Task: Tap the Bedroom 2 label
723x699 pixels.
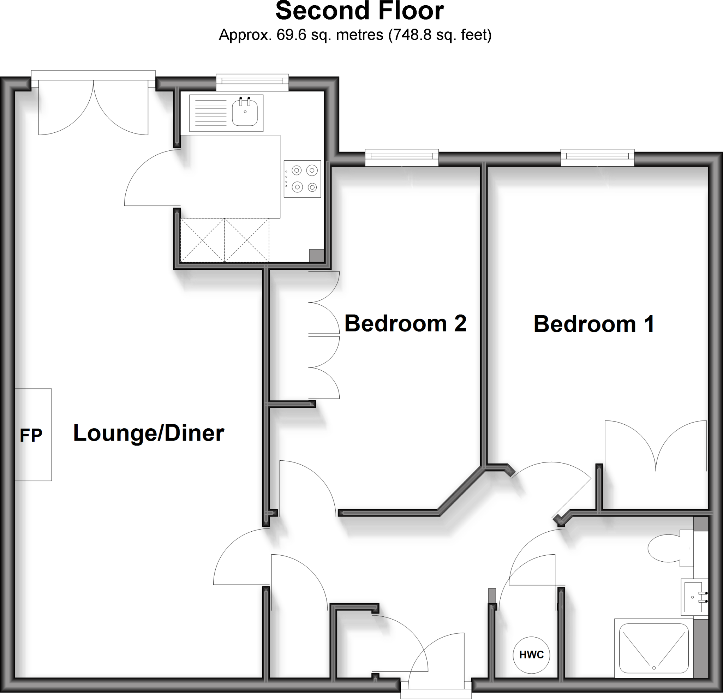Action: pos(405,323)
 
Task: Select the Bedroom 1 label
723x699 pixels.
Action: pos(594,324)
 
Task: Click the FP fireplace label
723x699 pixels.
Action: pos(31,435)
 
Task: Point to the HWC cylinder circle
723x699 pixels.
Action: pos(531,655)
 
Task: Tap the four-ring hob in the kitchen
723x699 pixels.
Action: pos(302,179)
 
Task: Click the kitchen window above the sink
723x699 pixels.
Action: pos(252,82)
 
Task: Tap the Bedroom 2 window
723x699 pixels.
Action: pos(402,157)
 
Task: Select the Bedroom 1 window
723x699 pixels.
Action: pos(597,157)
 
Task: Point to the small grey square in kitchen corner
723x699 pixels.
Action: pos(317,255)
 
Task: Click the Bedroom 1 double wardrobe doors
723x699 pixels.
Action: pos(656,446)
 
